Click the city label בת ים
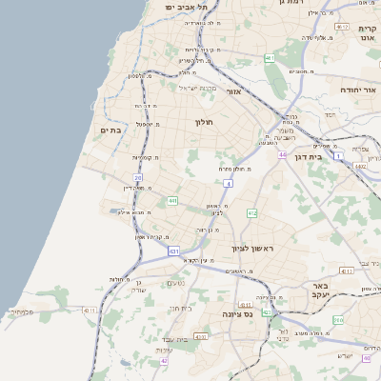[x=110, y=130]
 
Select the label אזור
[x=235, y=91]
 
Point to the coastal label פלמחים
[x=21, y=311]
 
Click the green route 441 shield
[x=172, y=201]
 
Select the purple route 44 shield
[x=282, y=153]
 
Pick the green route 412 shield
[x=251, y=213]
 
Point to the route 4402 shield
[x=359, y=167]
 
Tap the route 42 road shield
[x=164, y=360]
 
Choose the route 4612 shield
[x=346, y=271]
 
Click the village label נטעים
[x=175, y=283]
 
